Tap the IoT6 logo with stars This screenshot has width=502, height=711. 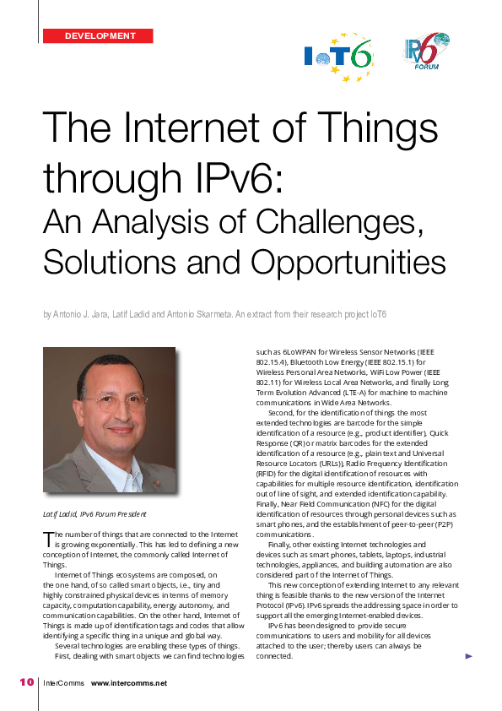click(338, 57)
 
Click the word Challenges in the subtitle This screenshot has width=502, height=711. click(334, 222)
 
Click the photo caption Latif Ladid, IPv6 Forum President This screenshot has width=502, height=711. click(94, 513)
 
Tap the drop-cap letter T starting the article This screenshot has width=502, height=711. click(47, 538)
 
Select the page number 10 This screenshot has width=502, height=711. click(26, 682)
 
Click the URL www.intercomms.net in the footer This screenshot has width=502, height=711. click(129, 683)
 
